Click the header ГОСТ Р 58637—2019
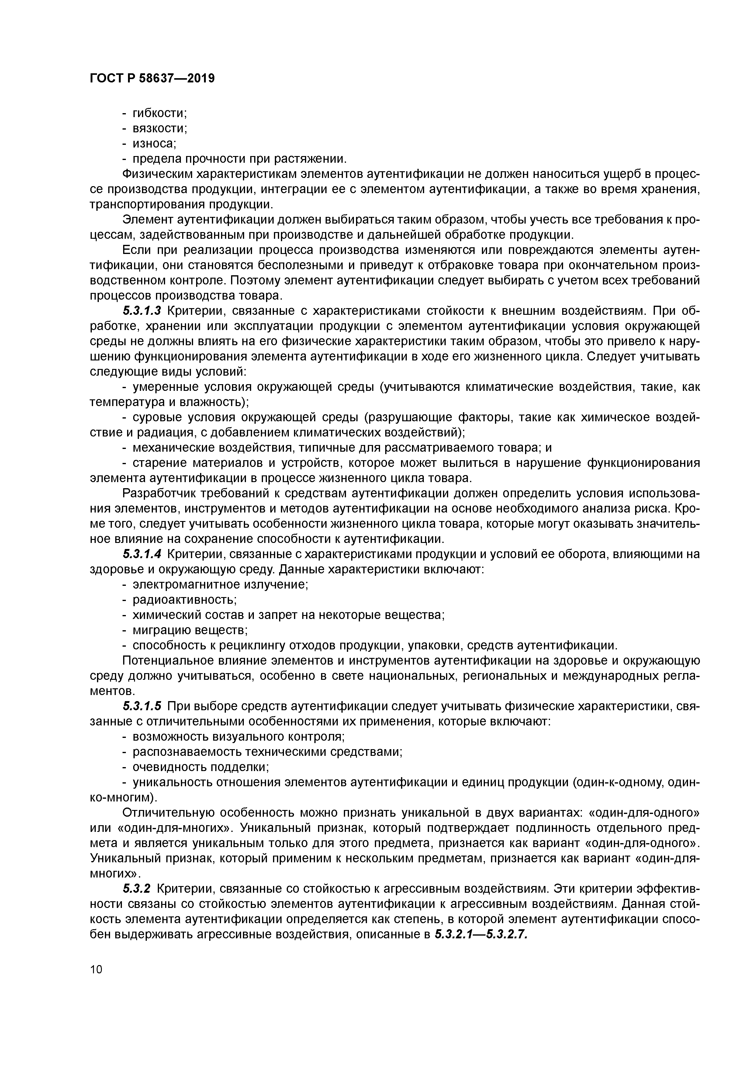pyautogui.click(x=152, y=78)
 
